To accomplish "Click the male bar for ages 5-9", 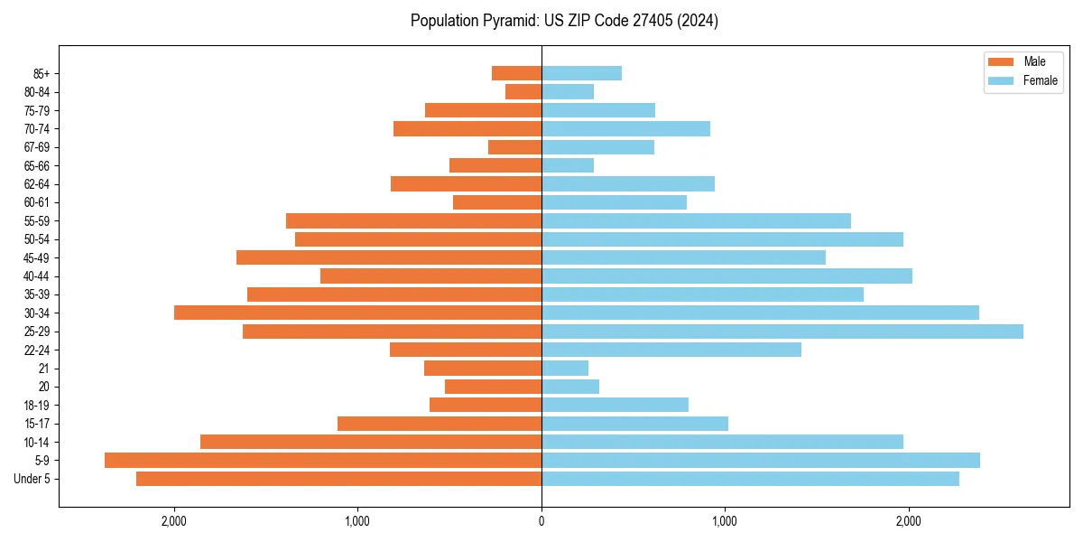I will (x=323, y=460).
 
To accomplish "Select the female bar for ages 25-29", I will (x=782, y=332).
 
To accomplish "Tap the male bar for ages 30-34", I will (x=357, y=313).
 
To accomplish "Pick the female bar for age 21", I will (x=565, y=368).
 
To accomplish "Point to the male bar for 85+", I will (x=516, y=73).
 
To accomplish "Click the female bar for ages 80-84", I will (x=568, y=91).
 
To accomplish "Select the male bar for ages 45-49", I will (x=389, y=257).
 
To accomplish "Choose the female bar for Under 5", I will (x=750, y=479).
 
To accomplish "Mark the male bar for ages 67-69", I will (x=514, y=147).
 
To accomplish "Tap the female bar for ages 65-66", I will (x=568, y=165).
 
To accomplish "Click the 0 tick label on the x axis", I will (x=541, y=520).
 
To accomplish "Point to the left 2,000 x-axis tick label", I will (x=173, y=520).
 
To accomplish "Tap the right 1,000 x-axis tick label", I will (x=725, y=520).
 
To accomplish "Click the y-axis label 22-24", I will (x=37, y=350).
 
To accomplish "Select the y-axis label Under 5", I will (x=32, y=479).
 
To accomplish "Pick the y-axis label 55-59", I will (x=37, y=220).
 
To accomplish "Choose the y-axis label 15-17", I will (x=37, y=424).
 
